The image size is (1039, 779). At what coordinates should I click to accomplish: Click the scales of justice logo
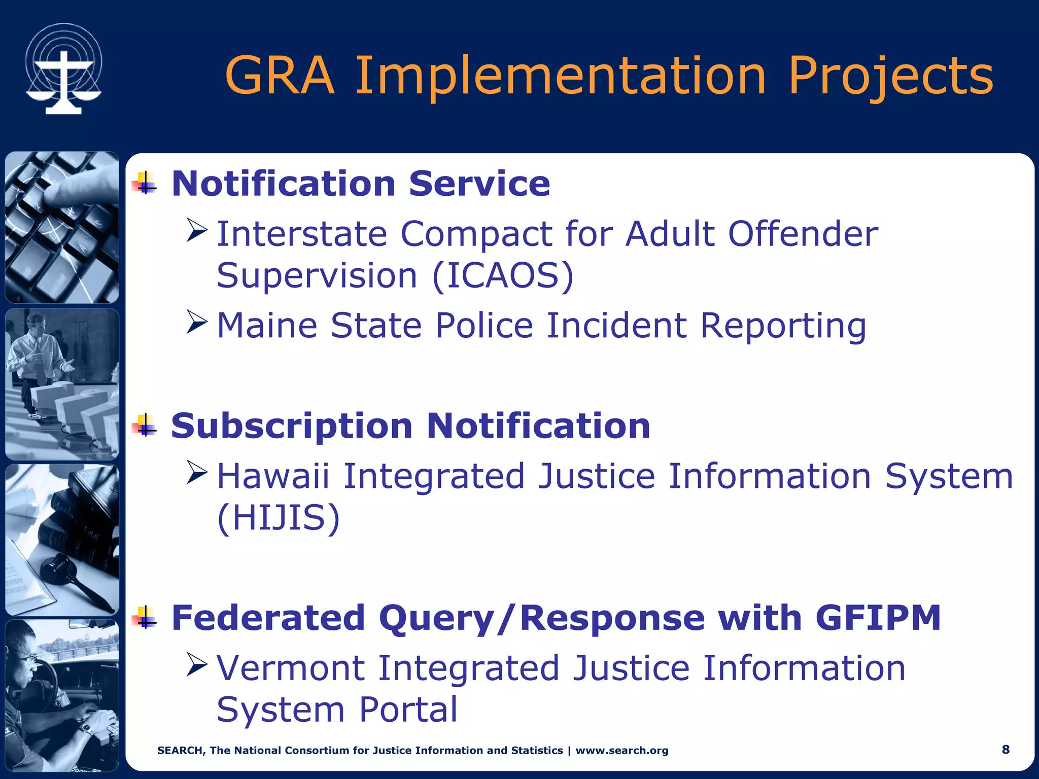(x=63, y=69)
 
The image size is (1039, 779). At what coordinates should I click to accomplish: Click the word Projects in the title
(x=890, y=76)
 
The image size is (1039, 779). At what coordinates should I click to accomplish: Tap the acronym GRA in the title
(x=280, y=76)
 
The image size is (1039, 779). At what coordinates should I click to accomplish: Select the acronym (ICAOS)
(x=503, y=276)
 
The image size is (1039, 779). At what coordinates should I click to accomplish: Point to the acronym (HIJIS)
(x=278, y=518)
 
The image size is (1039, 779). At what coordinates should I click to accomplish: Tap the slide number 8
(x=1006, y=750)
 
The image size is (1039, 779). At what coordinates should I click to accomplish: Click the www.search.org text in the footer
(x=621, y=751)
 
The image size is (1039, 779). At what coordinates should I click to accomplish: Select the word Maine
(x=267, y=325)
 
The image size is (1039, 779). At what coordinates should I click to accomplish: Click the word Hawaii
(x=273, y=477)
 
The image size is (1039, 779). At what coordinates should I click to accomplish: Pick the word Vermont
(x=290, y=668)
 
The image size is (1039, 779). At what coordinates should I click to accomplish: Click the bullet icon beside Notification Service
(x=145, y=184)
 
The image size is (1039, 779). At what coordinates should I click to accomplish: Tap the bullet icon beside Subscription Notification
(x=145, y=426)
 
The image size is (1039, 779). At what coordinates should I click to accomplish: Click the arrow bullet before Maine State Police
(x=197, y=322)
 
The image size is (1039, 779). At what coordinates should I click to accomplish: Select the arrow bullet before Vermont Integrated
(x=197, y=665)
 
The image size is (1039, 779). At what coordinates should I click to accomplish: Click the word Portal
(x=408, y=710)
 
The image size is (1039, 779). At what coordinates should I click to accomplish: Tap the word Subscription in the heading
(x=292, y=426)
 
